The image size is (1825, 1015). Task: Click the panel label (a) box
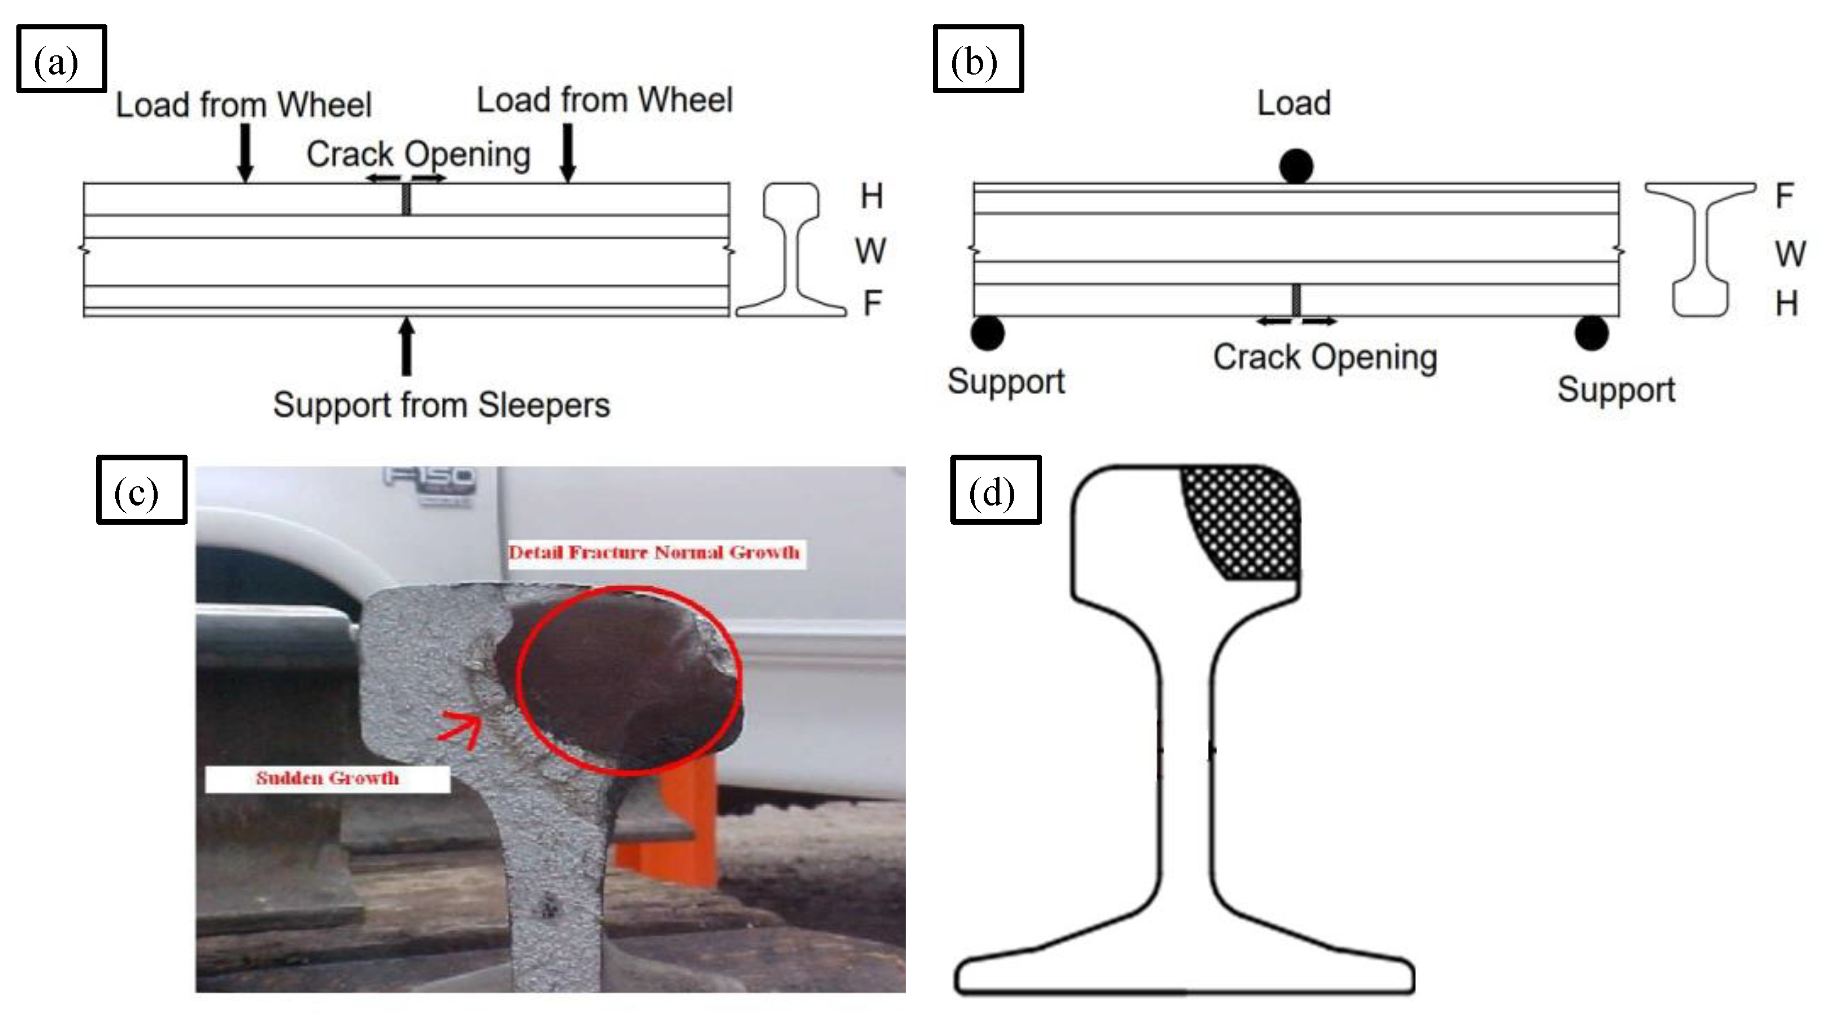tap(61, 59)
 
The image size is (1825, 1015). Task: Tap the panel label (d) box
tap(994, 490)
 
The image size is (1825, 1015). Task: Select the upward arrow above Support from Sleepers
tap(406, 346)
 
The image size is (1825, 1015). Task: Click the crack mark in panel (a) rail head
tap(406, 198)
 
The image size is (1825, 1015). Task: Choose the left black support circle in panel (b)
tap(988, 333)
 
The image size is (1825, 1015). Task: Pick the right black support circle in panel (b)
tap(1591, 333)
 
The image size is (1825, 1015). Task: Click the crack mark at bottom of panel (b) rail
tap(1296, 300)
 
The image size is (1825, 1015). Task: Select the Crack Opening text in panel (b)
tap(1325, 357)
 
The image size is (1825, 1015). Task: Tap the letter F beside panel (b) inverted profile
tap(1784, 196)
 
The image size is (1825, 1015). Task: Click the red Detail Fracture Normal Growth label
tap(654, 552)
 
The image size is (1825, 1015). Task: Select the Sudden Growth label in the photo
tap(327, 778)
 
